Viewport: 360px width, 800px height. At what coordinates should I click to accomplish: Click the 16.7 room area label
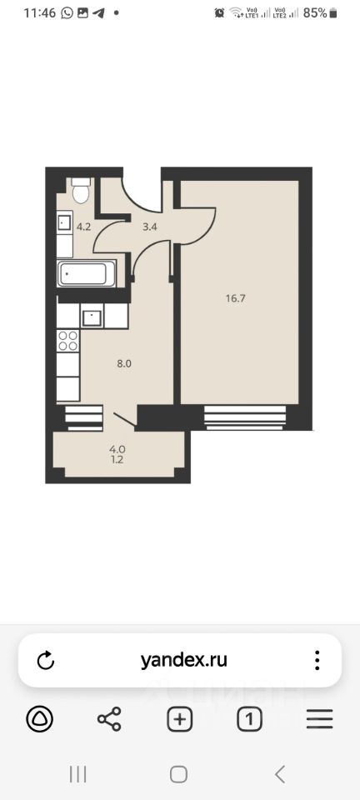point(236,298)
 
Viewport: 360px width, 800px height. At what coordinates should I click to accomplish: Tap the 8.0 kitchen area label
point(124,364)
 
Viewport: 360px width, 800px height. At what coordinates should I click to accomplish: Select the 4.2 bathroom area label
point(83,227)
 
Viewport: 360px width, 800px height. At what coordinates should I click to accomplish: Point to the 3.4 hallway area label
point(149,227)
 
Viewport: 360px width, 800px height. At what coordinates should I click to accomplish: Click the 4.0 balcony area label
point(117,449)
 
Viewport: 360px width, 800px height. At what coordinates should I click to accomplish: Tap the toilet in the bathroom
point(81,190)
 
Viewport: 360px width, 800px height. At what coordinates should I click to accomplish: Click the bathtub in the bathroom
point(87,273)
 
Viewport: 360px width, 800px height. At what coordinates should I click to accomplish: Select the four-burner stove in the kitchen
point(67,341)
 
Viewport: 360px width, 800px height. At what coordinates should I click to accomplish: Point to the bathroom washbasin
point(65,222)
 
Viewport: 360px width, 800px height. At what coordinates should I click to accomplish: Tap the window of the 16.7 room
point(245,417)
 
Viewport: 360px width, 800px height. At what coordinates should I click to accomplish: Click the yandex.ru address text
point(183,660)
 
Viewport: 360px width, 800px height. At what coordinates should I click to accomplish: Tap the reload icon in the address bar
point(46,660)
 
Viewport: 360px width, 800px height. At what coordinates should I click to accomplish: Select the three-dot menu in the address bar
point(317,660)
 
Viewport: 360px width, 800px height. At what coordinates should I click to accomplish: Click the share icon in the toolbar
point(109,719)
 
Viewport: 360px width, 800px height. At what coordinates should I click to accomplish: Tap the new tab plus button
point(179,719)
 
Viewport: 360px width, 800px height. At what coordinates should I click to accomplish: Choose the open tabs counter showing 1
point(249,719)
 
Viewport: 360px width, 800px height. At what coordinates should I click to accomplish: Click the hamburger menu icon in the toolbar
point(320,719)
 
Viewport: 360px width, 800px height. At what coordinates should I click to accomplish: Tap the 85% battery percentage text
point(315,13)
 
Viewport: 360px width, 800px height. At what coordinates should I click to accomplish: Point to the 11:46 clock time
point(39,13)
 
